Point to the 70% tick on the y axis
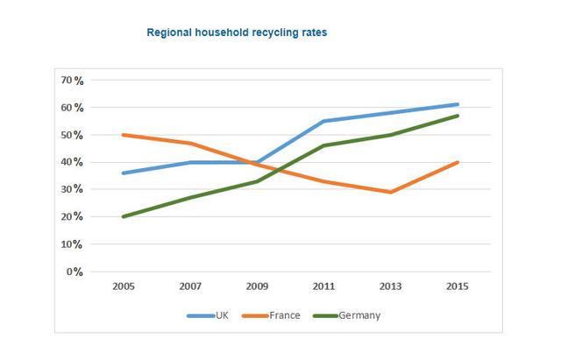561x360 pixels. click(x=72, y=81)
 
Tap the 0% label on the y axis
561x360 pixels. click(x=75, y=272)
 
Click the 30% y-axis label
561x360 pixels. click(x=72, y=189)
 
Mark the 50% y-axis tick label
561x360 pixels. click(x=72, y=135)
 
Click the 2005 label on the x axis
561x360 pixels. click(x=123, y=286)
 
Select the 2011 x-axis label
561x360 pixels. click(x=323, y=286)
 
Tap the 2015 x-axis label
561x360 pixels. click(x=457, y=286)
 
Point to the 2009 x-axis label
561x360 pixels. click(x=256, y=286)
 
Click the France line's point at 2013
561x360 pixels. click(x=390, y=192)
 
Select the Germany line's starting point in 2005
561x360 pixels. click(x=123, y=216)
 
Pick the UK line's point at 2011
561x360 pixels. click(x=323, y=121)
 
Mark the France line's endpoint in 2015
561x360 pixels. click(x=457, y=162)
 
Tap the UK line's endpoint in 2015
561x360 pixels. click(x=457, y=104)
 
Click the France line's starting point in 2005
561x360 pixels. click(x=123, y=135)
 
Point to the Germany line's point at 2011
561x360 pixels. click(x=323, y=145)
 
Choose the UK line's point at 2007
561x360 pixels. click(x=189, y=162)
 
